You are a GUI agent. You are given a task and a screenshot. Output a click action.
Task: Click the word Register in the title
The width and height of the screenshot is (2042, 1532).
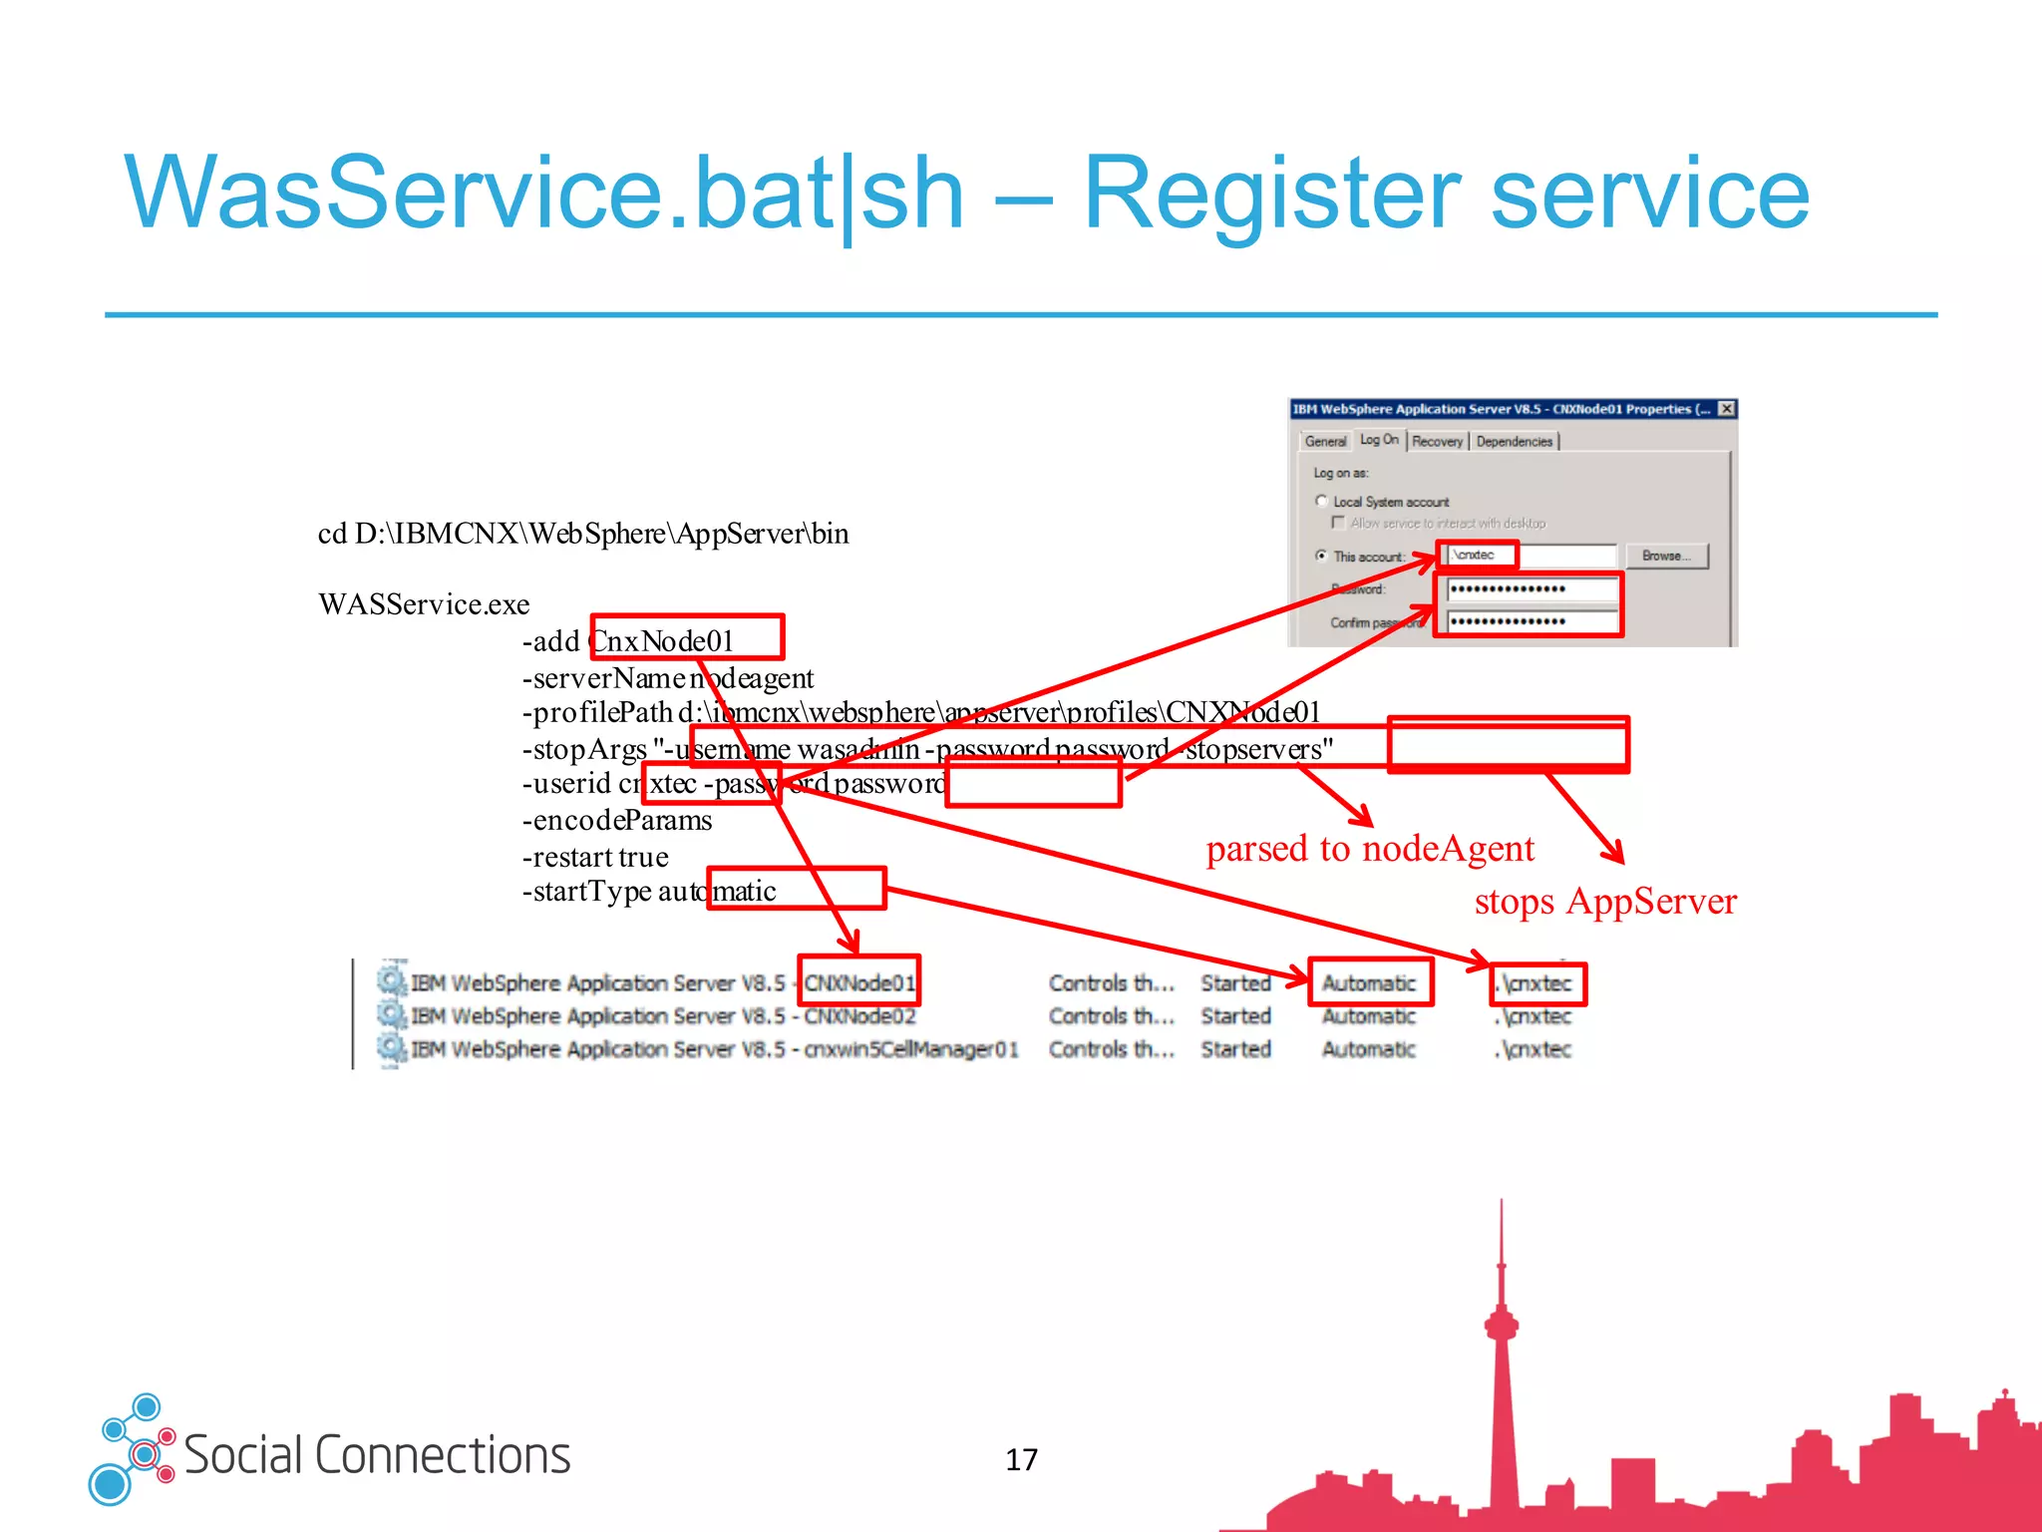point(1271,194)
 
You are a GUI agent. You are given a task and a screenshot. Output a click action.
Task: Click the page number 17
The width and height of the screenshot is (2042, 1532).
point(1021,1460)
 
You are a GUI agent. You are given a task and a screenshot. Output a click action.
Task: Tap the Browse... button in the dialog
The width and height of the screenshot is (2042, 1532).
point(1666,556)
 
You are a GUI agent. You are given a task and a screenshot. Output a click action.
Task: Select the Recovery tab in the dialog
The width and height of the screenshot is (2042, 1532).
point(1437,441)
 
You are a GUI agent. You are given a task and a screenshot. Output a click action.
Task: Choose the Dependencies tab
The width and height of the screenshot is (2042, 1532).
point(1514,441)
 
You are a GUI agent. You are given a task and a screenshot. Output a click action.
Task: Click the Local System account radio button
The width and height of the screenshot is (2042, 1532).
point(1322,501)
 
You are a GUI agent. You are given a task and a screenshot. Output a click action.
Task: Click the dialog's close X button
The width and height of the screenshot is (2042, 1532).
point(1727,409)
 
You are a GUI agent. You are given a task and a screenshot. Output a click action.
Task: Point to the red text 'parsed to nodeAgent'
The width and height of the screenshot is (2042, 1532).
point(1369,849)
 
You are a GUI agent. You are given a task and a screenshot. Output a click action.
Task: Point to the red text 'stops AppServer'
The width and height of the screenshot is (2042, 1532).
point(1604,902)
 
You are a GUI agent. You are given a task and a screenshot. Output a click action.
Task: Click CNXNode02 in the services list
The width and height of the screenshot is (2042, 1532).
point(859,1016)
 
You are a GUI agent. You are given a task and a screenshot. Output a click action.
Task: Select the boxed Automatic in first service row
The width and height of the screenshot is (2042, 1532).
point(1369,983)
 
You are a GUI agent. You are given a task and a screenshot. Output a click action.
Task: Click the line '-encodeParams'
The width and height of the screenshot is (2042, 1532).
point(617,821)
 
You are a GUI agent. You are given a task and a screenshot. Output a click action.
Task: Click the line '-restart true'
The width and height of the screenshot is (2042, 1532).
point(595,857)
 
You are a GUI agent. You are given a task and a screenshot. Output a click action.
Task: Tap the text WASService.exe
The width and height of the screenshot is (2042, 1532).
point(424,604)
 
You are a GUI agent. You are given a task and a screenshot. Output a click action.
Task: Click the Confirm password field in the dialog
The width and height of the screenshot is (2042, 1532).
point(1531,621)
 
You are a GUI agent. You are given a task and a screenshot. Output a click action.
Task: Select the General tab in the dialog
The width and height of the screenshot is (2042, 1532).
point(1325,441)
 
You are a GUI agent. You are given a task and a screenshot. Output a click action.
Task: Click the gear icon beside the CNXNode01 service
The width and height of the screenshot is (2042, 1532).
point(392,980)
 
